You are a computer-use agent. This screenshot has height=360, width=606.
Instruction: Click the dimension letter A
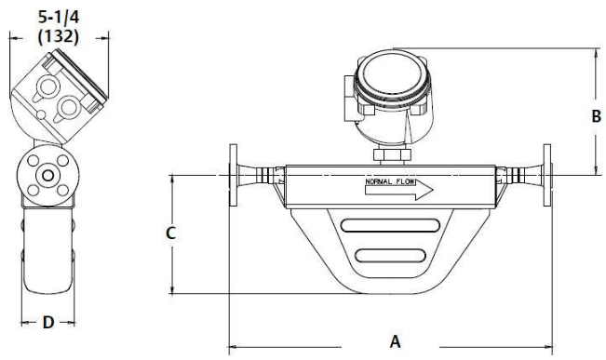395,341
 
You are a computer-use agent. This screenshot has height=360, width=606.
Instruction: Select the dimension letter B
597,116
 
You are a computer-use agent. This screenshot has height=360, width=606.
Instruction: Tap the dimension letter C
170,233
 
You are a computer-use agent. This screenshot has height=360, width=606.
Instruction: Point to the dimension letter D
47,323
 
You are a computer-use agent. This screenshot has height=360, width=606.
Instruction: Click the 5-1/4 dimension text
59,18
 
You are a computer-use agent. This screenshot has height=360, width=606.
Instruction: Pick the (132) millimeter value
59,36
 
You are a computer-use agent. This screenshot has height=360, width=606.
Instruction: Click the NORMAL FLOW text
390,181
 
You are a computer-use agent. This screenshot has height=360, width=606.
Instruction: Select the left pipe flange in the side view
233,175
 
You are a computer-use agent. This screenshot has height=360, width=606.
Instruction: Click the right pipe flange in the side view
547,175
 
